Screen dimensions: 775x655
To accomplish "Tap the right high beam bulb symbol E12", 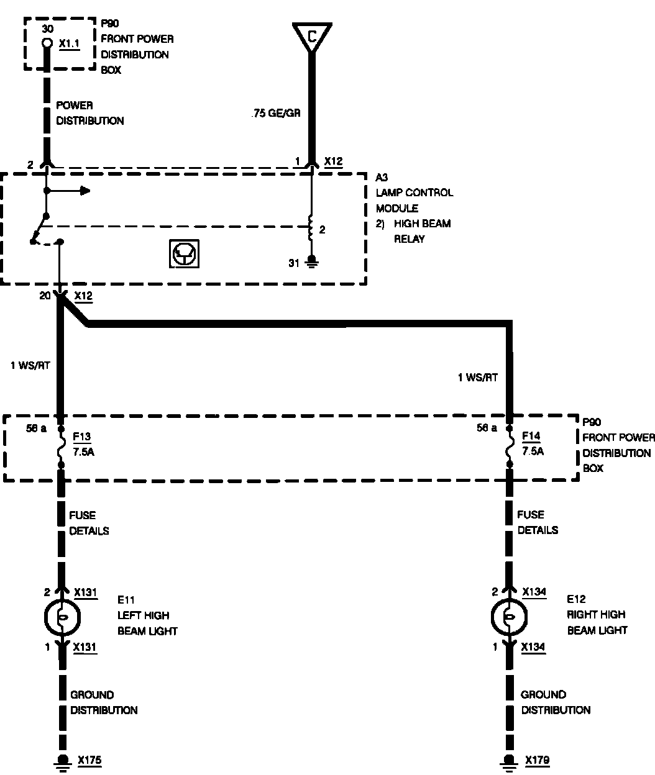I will coord(508,617).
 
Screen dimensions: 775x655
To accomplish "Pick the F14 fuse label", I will coord(531,436).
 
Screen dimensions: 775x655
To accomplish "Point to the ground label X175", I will coord(89,759).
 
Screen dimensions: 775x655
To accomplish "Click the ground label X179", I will coord(537,759).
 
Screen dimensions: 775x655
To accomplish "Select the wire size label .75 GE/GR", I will coord(276,114).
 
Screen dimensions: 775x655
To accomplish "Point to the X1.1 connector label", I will coord(70,45).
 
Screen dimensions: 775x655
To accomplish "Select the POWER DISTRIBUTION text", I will coord(89,113).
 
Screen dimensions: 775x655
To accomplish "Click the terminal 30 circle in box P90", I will coord(47,43).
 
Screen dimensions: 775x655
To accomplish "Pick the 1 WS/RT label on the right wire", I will coord(477,378).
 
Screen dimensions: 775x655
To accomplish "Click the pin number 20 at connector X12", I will coord(45,296).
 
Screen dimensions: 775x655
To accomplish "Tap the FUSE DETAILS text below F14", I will coord(538,522).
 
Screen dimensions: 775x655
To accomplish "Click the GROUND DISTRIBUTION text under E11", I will coord(103,702).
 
